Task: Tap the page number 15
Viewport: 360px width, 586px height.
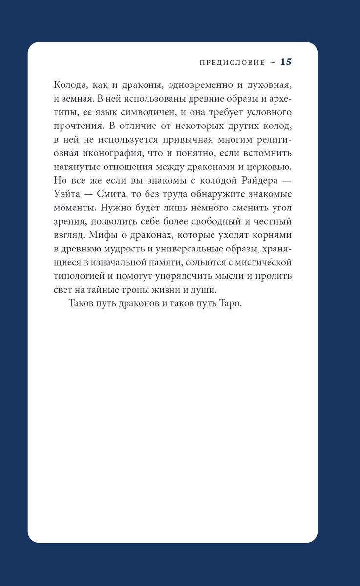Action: click(286, 62)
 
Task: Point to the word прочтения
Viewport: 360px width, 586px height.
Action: click(76, 126)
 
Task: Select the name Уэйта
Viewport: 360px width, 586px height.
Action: click(69, 194)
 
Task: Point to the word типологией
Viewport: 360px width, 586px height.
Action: click(79, 276)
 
